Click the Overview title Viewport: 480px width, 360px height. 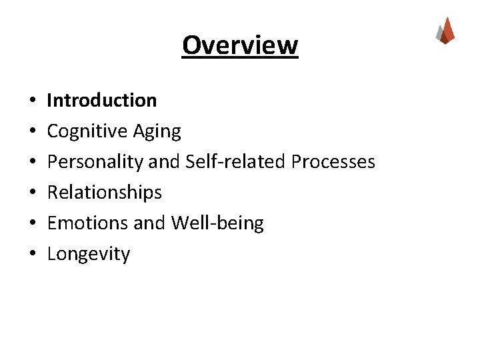(240, 45)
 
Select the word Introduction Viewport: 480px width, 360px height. (102, 100)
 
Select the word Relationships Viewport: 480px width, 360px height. (105, 193)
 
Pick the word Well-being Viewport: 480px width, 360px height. (217, 223)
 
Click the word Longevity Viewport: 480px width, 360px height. (89, 254)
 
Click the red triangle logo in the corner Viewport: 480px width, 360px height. (445, 31)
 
